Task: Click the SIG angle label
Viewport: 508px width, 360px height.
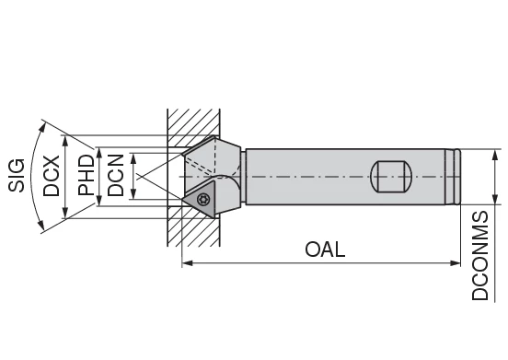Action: click(x=17, y=172)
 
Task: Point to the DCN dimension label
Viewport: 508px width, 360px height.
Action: click(x=116, y=175)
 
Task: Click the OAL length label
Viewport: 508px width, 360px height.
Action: click(x=325, y=250)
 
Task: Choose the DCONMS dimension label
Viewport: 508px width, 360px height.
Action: click(x=480, y=255)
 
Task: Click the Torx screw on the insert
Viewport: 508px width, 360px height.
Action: click(x=204, y=196)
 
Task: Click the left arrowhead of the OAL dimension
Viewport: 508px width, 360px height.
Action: click(x=187, y=263)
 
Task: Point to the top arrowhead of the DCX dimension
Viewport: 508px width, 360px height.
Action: click(x=65, y=138)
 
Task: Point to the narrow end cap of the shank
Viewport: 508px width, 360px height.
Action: click(x=455, y=175)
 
